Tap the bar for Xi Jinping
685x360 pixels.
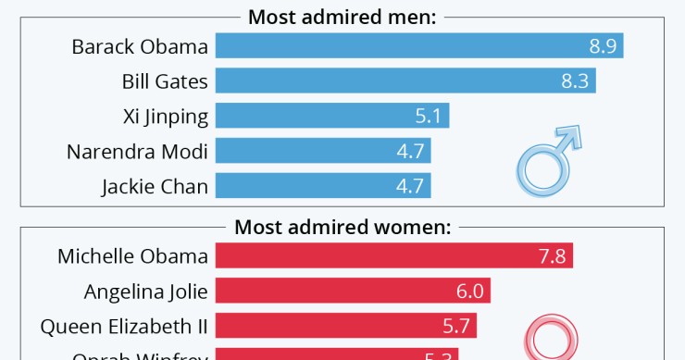(324, 117)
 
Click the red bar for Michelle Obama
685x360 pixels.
(380, 256)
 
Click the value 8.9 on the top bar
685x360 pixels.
(602, 46)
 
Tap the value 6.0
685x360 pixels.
(469, 292)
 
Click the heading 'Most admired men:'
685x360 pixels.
(342, 16)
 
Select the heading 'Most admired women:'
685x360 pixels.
(342, 227)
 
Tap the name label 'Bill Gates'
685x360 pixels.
(165, 81)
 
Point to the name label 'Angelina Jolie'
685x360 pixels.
(145, 292)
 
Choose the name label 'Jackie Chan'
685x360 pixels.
(155, 186)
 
